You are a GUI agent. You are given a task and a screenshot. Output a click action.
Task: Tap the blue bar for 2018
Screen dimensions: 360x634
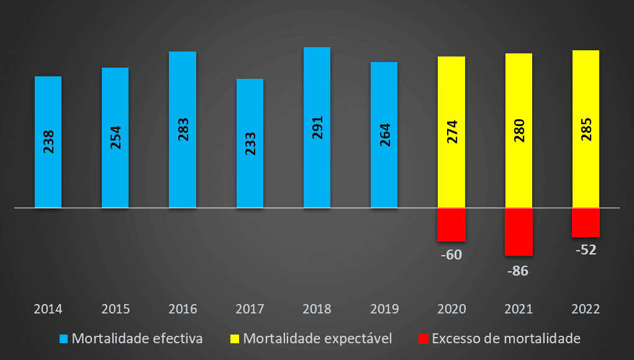click(x=317, y=127)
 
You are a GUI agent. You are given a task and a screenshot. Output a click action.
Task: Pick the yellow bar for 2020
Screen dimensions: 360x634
click(x=451, y=132)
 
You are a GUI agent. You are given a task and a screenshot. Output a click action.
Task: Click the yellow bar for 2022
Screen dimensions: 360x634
click(x=586, y=128)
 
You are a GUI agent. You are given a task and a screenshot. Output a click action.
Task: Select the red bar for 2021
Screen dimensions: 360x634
click(x=519, y=231)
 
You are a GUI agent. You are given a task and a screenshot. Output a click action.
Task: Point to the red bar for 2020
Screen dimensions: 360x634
click(x=451, y=224)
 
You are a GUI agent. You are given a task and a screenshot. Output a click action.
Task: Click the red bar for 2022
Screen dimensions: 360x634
click(x=586, y=222)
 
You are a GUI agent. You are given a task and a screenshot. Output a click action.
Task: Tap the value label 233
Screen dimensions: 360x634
click(x=250, y=143)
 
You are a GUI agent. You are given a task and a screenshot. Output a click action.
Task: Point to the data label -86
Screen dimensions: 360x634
click(x=518, y=271)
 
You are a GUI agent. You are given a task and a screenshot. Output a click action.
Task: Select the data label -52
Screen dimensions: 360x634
click(x=585, y=251)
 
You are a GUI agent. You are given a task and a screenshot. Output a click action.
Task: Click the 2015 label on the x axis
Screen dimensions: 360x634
click(x=115, y=309)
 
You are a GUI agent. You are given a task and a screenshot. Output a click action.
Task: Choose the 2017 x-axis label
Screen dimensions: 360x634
click(x=250, y=309)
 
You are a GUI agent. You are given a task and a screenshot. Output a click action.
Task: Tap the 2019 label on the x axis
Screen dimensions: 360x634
click(x=384, y=309)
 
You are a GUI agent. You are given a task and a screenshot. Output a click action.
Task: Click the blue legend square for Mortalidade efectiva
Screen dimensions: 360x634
click(x=63, y=339)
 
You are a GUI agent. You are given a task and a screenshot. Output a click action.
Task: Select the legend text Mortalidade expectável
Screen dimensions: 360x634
click(x=317, y=339)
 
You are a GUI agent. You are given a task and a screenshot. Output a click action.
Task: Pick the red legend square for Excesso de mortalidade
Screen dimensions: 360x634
click(x=423, y=339)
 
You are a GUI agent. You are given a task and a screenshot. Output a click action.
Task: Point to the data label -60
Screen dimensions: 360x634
click(x=451, y=254)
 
